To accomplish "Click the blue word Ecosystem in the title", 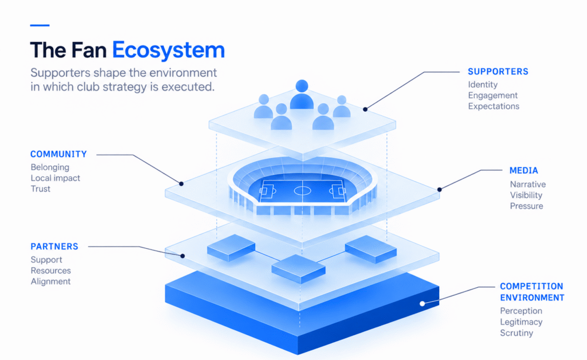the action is click(169, 50).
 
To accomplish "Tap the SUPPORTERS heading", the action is click(498, 72).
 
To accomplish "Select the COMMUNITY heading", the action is click(58, 154).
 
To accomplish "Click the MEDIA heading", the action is click(524, 171).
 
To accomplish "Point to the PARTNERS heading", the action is click(54, 246).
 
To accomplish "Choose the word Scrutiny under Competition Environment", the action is click(516, 333).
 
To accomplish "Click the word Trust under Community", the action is click(41, 189).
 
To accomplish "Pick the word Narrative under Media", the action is click(528, 185).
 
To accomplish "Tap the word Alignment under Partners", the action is click(50, 281).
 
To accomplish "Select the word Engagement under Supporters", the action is click(492, 95).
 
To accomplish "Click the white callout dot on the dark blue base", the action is click(422, 303).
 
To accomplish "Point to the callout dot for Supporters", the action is click(365, 109).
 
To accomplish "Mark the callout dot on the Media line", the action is click(440, 189).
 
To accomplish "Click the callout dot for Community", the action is click(181, 184).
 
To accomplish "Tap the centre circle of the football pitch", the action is click(303, 191).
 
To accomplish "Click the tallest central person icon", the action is click(302, 95).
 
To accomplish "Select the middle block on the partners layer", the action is click(298, 269).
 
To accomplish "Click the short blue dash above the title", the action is click(40, 25).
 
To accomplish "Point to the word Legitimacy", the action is click(521, 322).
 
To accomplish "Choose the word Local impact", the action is click(56, 178).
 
